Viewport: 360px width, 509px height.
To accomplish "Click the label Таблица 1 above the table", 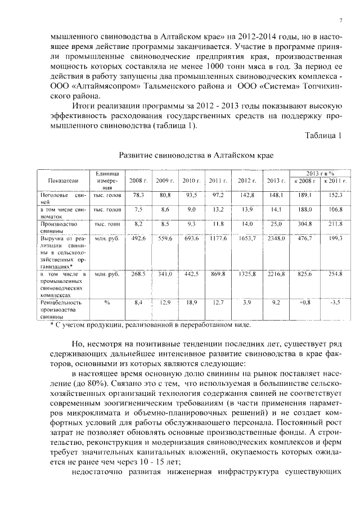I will (x=323, y=134).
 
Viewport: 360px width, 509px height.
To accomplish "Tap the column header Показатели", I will (x=63, y=181).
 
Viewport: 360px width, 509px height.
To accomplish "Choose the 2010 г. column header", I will (x=192, y=181).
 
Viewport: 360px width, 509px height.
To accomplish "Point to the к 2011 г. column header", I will (x=335, y=181).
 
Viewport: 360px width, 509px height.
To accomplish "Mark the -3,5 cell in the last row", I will (x=335, y=302).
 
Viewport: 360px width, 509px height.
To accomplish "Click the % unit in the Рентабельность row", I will (x=106, y=302).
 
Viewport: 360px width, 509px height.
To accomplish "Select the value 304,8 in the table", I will (x=304, y=224).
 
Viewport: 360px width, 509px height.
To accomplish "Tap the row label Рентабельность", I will (x=61, y=302).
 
